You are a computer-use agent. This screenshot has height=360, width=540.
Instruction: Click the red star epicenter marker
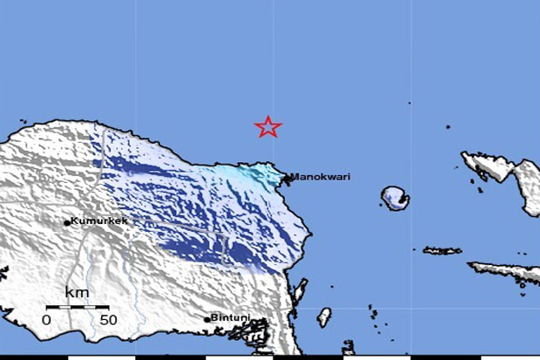268,127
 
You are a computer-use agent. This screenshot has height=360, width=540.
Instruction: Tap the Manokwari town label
320,177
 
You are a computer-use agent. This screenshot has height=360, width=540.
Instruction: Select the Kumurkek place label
98,221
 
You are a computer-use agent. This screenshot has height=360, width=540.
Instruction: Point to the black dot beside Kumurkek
67,222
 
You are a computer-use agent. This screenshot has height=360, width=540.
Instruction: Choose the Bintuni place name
229,318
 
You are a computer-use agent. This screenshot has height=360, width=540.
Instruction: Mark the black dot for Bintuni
207,319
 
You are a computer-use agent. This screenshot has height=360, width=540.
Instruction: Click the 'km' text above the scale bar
77,292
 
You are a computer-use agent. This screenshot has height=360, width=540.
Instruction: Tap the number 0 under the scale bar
47,320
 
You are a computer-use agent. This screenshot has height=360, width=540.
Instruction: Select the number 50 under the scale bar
108,320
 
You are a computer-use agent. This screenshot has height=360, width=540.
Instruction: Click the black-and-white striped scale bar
78,307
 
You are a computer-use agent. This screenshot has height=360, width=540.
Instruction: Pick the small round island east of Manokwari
396,198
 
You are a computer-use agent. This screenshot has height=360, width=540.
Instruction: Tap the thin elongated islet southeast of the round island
442,251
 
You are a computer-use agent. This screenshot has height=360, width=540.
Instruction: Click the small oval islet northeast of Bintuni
324,316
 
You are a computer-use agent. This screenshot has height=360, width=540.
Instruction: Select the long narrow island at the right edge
505,271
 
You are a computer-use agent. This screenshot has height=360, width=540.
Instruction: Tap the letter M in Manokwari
294,177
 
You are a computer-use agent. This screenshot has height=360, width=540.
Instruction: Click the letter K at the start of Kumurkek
74,221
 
